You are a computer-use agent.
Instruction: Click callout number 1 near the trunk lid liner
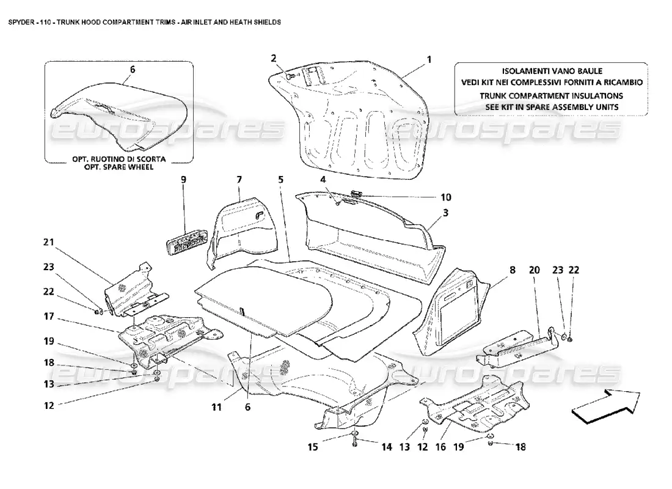(429, 59)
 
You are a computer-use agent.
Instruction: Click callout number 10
(446, 197)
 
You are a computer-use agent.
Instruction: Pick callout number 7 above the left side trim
(239, 180)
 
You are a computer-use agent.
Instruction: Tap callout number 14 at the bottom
(387, 447)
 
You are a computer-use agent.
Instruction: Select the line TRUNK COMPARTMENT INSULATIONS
(550, 95)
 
